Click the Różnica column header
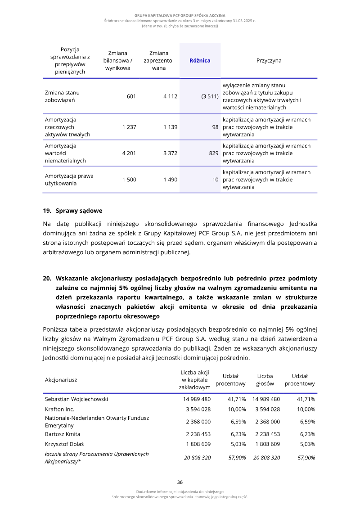(x=200, y=60)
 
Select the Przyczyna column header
(x=269, y=60)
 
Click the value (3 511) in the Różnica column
(x=210, y=96)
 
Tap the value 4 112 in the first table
(x=170, y=96)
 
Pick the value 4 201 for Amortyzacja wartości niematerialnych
(x=129, y=153)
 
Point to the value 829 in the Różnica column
(x=214, y=153)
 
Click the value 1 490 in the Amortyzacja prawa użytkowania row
(x=170, y=180)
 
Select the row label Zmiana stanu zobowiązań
(x=62, y=96)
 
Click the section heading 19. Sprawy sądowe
(x=72, y=211)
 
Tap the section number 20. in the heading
(x=47, y=279)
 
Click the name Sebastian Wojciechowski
(x=76, y=399)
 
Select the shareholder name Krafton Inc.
(x=59, y=409)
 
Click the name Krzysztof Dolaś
(x=66, y=444)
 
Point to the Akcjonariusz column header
(x=61, y=380)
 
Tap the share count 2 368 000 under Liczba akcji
(x=198, y=422)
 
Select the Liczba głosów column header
(x=265, y=380)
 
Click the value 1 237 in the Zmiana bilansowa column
(x=129, y=127)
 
